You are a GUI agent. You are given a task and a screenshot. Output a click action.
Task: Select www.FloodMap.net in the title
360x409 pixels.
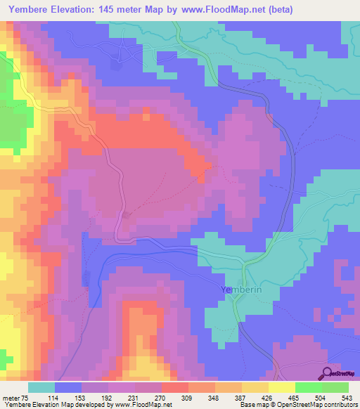coord(217,9)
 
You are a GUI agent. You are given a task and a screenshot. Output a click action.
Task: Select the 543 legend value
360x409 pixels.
coord(349,397)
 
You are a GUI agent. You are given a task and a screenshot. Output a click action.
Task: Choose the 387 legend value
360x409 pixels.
coord(243,397)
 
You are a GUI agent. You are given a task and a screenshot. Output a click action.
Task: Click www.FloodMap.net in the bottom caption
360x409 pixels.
coord(143,405)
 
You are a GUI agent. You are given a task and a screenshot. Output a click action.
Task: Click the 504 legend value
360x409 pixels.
coord(322,397)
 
